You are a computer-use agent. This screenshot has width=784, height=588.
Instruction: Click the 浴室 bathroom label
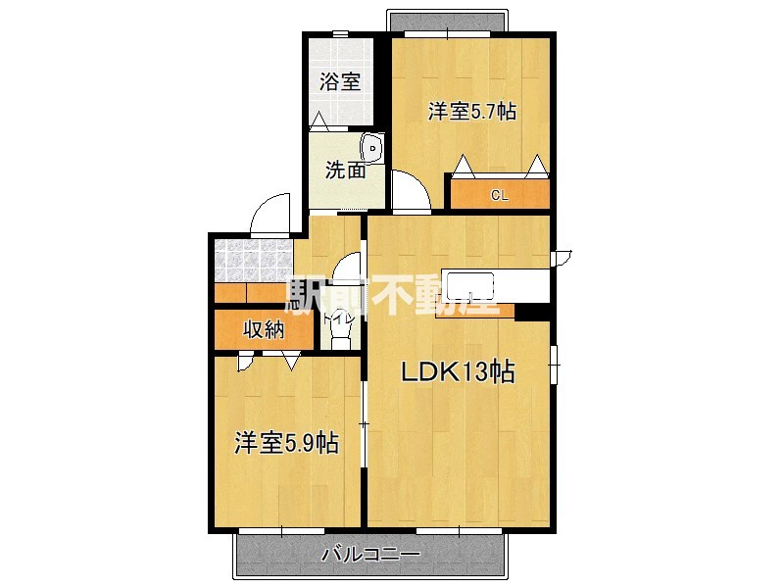[340, 81]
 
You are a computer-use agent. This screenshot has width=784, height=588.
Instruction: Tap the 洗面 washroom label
[345, 171]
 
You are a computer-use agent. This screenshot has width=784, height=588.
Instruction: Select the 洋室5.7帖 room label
[471, 112]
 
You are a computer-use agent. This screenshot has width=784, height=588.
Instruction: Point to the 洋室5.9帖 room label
[286, 443]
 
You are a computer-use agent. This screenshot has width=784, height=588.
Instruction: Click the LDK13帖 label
[457, 371]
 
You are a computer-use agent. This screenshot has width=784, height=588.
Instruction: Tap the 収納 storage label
[264, 330]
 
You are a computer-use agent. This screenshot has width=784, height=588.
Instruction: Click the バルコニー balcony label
[371, 556]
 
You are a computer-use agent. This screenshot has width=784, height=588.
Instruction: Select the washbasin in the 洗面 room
[373, 150]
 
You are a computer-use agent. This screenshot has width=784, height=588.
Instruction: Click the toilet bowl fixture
[340, 334]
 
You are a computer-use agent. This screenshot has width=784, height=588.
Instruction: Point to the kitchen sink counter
[470, 287]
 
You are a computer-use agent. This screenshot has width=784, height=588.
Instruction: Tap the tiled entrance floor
[253, 259]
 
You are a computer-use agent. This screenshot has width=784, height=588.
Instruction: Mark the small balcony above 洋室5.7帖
[448, 22]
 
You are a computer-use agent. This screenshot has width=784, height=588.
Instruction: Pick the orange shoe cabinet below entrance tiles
[253, 292]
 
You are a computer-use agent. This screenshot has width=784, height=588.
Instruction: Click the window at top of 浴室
[339, 34]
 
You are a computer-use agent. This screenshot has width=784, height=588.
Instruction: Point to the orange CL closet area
[500, 193]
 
